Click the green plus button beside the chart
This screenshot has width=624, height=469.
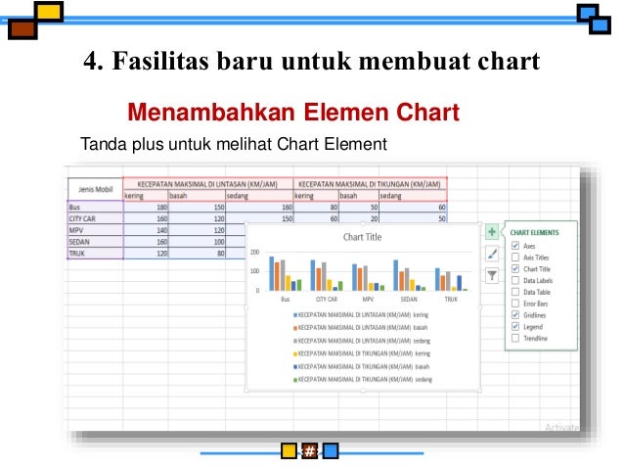(x=492, y=232)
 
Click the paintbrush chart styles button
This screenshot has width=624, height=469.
(x=492, y=253)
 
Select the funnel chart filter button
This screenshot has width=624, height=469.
(x=492, y=275)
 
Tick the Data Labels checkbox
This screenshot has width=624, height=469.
(x=515, y=280)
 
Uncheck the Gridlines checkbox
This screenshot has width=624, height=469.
(x=515, y=315)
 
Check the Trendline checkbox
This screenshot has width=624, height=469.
(x=515, y=339)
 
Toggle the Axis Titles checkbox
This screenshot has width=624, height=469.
(x=515, y=258)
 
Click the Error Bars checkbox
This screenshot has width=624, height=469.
(x=515, y=304)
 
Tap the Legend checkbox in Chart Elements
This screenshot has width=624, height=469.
(x=515, y=327)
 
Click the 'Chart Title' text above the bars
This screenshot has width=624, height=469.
(x=362, y=237)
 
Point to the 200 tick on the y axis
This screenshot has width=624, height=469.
(x=255, y=252)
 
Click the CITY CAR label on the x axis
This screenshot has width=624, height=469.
(x=326, y=299)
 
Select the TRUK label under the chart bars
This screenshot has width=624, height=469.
(x=451, y=299)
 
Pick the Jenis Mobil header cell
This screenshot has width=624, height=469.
(x=95, y=188)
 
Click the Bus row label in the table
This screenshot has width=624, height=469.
(x=74, y=208)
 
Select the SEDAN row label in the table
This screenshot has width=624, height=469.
(x=79, y=242)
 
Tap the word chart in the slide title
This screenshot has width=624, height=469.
(x=503, y=62)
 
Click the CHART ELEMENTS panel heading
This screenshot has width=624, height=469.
(x=535, y=233)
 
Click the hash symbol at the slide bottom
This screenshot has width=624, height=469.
(x=309, y=451)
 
